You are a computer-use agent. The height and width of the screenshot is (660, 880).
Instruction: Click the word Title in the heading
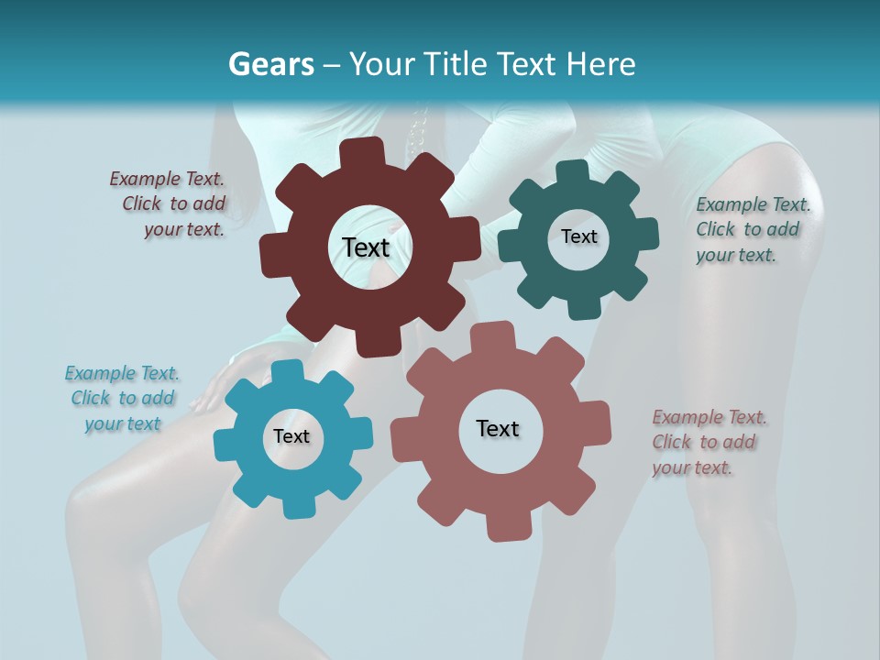pyautogui.click(x=458, y=64)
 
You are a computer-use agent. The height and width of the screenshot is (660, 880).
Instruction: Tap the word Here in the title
pyautogui.click(x=600, y=64)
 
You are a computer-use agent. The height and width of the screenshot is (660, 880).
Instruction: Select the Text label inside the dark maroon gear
pyautogui.click(x=367, y=247)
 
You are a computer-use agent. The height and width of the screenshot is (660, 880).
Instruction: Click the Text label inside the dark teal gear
pyautogui.click(x=578, y=236)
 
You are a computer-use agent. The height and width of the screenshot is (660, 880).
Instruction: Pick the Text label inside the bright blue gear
pyautogui.click(x=291, y=437)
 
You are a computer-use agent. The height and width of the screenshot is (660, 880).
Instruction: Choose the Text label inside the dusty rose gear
pyautogui.click(x=498, y=428)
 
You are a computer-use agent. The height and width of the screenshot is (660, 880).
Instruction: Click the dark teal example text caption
pyautogui.click(x=752, y=230)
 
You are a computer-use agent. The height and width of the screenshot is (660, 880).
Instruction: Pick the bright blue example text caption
pyautogui.click(x=122, y=399)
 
